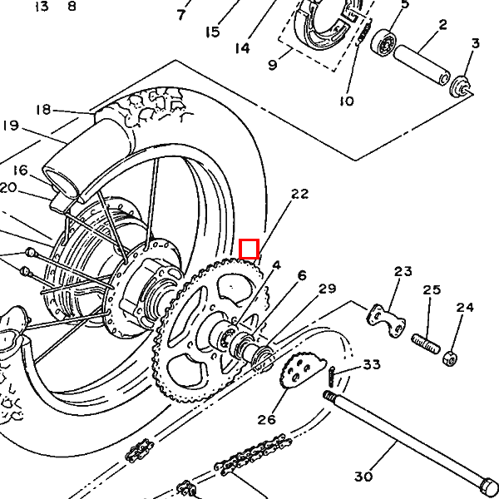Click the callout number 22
tap(299, 194)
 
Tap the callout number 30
tap(363, 477)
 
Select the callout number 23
tap(403, 271)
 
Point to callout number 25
tap(432, 290)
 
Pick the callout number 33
tap(371, 364)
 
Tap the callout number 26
tap(266, 419)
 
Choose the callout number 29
tap(327, 289)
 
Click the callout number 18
tap(43, 109)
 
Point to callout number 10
tap(347, 101)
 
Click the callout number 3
tap(476, 43)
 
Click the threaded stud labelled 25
tap(425, 341)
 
